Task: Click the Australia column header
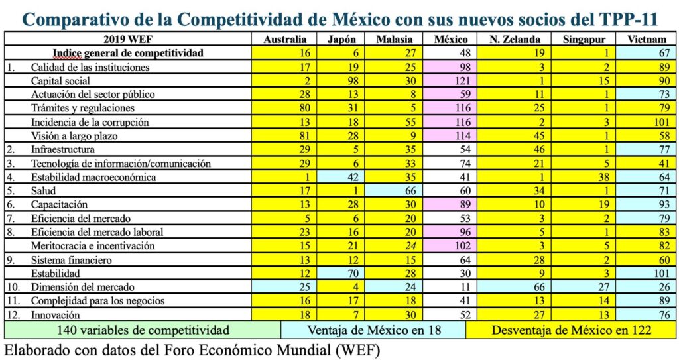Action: pyautogui.click(x=285, y=39)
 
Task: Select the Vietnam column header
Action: pyautogui.click(x=647, y=39)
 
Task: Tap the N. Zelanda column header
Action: pyautogui.click(x=515, y=39)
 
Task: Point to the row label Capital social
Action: pyautogui.click(x=60, y=81)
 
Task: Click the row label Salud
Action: pyautogui.click(x=44, y=191)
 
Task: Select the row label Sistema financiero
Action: pyautogui.click(x=72, y=259)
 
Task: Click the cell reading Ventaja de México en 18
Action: pyautogui.click(x=373, y=330)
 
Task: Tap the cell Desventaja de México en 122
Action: pyautogui.click(x=571, y=330)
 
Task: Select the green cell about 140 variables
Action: pyautogui.click(x=143, y=330)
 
